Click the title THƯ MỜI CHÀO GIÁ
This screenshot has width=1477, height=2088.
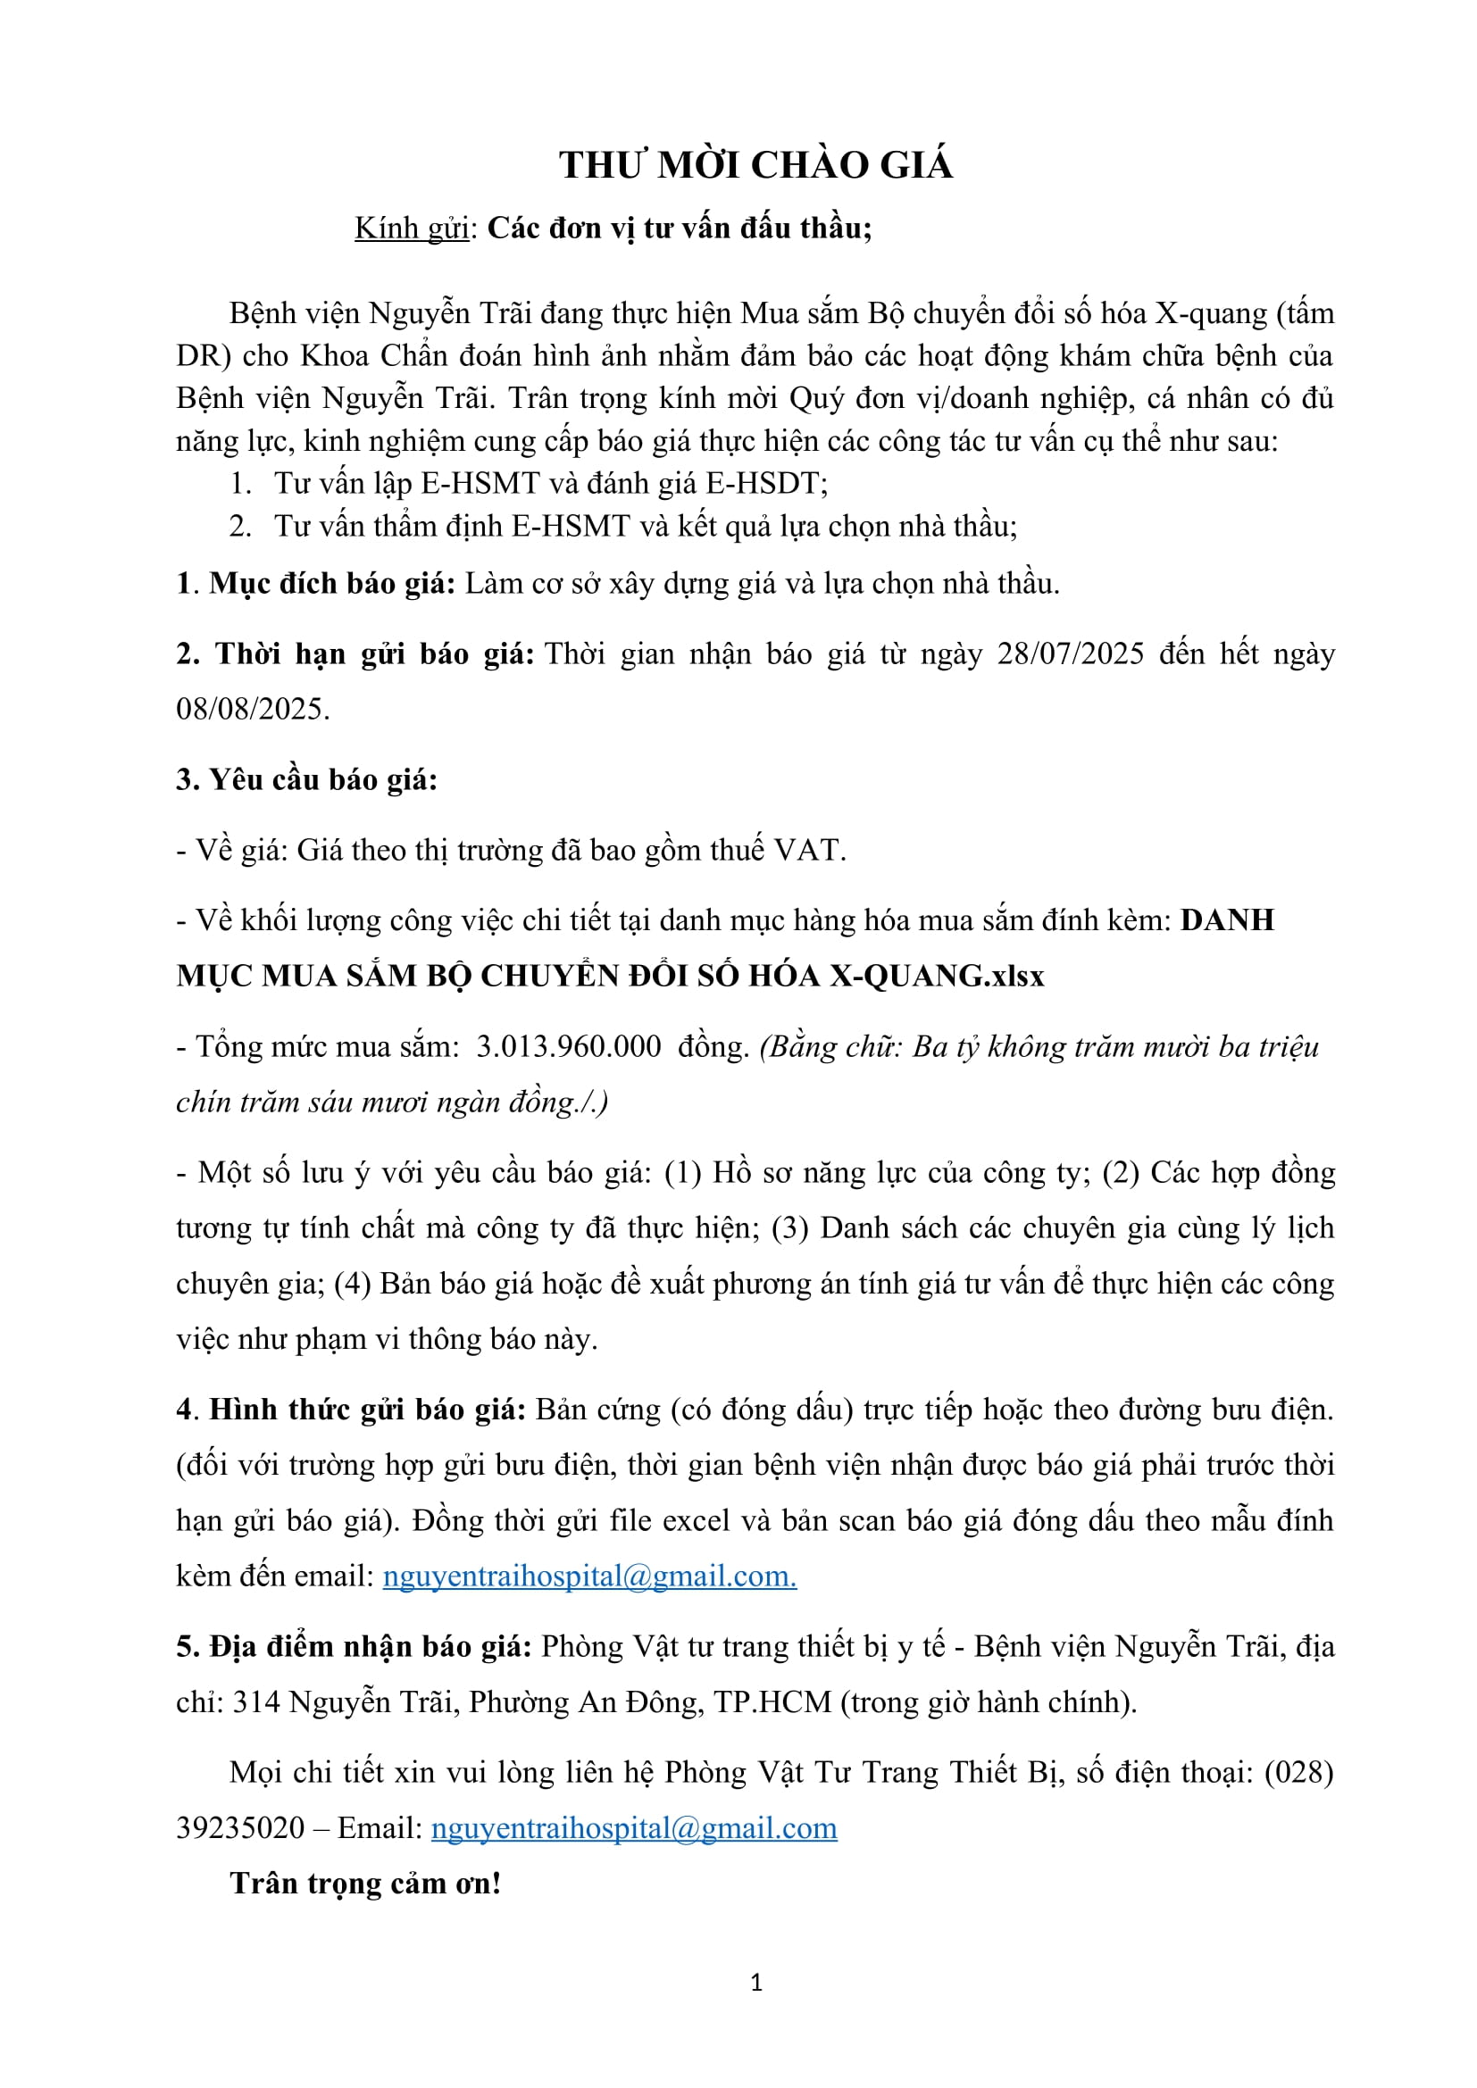[755, 165]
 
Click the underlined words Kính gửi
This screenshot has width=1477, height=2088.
[411, 229]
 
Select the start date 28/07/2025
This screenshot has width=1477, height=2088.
[1071, 654]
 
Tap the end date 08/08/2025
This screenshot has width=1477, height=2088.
[251, 710]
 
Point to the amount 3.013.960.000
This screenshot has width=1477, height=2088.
[569, 1047]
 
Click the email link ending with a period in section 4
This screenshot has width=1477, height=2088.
[589, 1576]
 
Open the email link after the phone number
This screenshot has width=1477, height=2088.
[634, 1829]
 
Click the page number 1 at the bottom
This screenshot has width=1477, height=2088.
[755, 1983]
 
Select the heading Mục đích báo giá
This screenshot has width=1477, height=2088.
[332, 584]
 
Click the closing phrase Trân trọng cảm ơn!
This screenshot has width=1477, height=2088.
[365, 1884]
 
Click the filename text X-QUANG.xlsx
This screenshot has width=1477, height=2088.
[936, 976]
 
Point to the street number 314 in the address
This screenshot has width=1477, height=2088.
[256, 1702]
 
